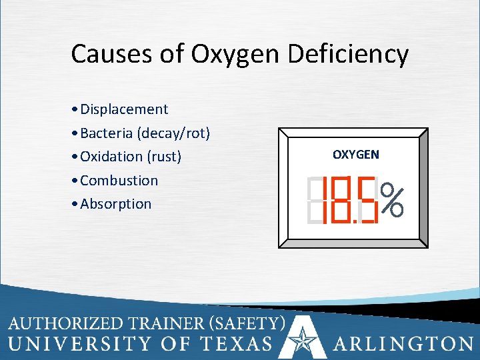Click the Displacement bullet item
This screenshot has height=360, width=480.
pyautogui.click(x=123, y=109)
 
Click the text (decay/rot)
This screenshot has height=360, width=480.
pyautogui.click(x=173, y=133)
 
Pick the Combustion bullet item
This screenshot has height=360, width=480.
pyautogui.click(x=119, y=181)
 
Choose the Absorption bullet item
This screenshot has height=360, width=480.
pyautogui.click(x=115, y=204)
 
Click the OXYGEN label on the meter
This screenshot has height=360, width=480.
pyautogui.click(x=356, y=155)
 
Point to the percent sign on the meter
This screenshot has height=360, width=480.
pyautogui.click(x=393, y=200)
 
